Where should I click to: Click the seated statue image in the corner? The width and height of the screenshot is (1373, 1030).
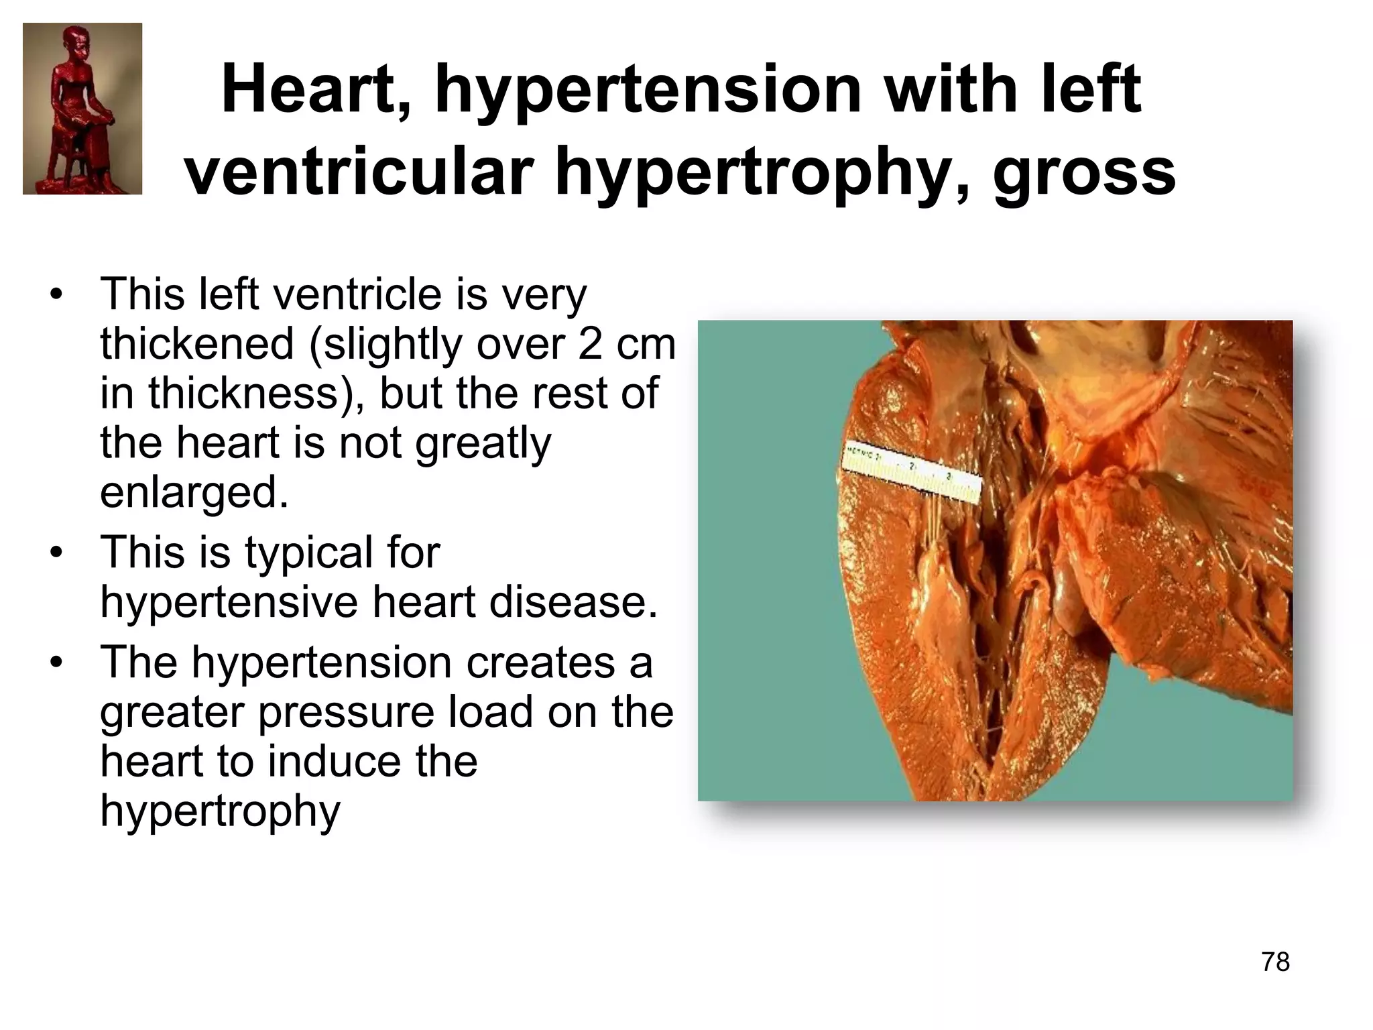pyautogui.click(x=82, y=109)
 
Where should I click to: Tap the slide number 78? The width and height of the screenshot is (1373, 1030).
pyautogui.click(x=1275, y=962)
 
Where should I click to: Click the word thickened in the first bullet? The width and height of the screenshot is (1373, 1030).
pyautogui.click(x=197, y=344)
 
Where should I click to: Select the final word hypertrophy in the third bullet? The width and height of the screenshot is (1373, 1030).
pyautogui.click(x=220, y=811)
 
